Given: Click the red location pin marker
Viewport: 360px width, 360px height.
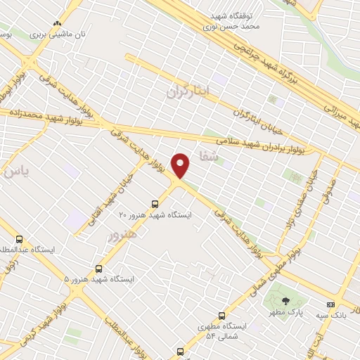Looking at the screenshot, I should (x=181, y=166).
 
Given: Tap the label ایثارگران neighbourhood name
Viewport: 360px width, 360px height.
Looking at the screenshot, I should (x=188, y=91).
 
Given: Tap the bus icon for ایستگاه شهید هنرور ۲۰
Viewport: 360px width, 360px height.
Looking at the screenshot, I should (x=155, y=204).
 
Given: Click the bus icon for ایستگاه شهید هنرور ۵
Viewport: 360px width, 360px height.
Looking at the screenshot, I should (x=99, y=268).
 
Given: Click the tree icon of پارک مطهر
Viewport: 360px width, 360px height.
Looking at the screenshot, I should (x=285, y=302).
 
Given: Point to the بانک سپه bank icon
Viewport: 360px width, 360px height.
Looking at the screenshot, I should (x=330, y=304).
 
